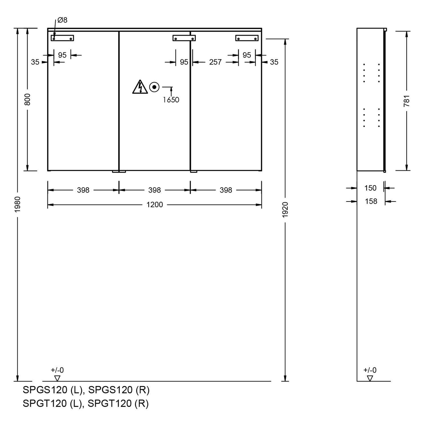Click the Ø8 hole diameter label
pyautogui.click(x=62, y=20)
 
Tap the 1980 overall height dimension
pyautogui.click(x=18, y=204)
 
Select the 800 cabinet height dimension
pyautogui.click(x=27, y=99)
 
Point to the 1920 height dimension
pyautogui.click(x=285, y=210)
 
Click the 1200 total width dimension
pyautogui.click(x=155, y=205)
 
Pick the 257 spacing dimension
pyautogui.click(x=215, y=62)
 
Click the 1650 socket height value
pyautogui.click(x=171, y=100)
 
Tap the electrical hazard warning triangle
pyautogui.click(x=140, y=87)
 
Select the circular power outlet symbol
pyautogui.click(x=154, y=87)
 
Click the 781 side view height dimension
pyautogui.click(x=407, y=101)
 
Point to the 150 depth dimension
pyautogui.click(x=370, y=188)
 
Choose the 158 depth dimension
pyautogui.click(x=371, y=201)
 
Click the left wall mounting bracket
pyautogui.click(x=62, y=38)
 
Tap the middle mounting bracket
pyautogui.click(x=184, y=38)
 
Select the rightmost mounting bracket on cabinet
pyautogui.click(x=247, y=38)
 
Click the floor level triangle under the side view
pyautogui.click(x=370, y=378)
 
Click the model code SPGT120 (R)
pyautogui.click(x=118, y=403)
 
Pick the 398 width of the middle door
pyautogui.click(x=155, y=190)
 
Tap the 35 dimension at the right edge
pyautogui.click(x=274, y=62)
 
